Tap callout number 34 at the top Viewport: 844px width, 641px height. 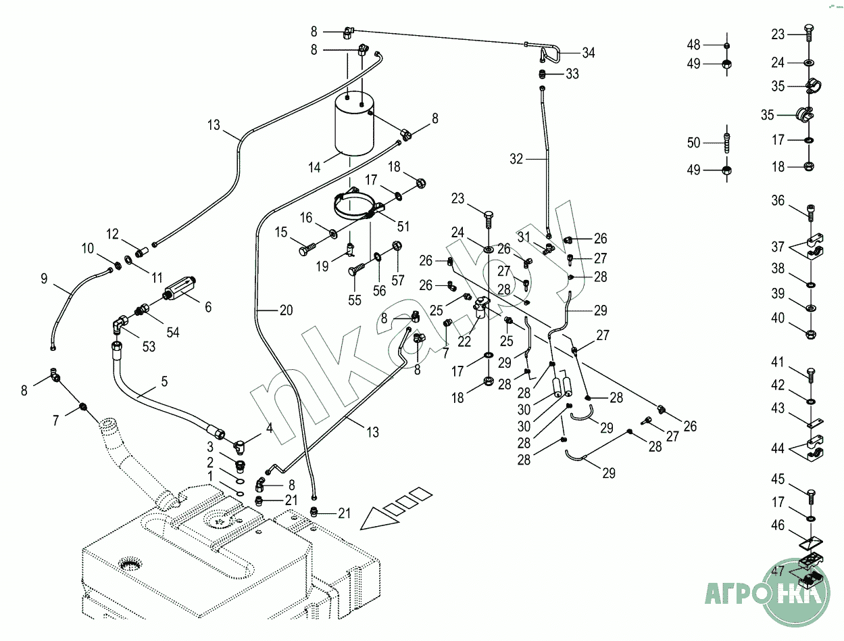point(588,53)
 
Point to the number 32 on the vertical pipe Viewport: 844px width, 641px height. point(516,160)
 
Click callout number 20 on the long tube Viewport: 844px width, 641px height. point(286,310)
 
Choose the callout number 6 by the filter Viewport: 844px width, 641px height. point(208,307)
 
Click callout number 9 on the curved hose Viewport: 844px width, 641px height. point(44,278)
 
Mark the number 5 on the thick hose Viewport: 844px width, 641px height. point(164,381)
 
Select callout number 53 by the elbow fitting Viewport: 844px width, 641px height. point(149,346)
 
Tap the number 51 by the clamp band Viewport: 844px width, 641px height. point(403,227)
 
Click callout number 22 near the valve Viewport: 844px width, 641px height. point(464,342)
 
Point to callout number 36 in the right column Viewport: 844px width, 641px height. point(778,200)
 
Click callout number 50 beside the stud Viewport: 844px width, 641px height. point(693,143)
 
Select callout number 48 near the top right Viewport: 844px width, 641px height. point(693,45)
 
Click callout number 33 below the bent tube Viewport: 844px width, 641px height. point(572,74)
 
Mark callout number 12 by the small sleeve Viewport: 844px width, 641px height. point(112,235)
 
